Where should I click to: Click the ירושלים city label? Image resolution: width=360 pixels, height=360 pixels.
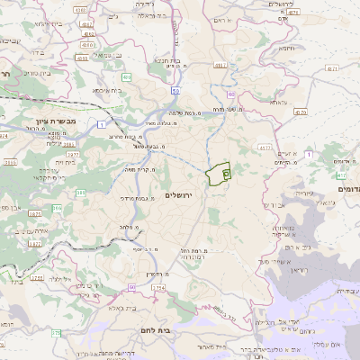tap(186, 195)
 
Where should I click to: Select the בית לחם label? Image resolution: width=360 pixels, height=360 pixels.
tap(157, 331)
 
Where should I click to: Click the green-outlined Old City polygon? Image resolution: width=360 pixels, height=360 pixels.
tap(218, 173)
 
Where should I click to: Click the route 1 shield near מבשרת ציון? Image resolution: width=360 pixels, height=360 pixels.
tap(103, 122)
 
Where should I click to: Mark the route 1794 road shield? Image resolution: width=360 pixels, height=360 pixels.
tap(158, 288)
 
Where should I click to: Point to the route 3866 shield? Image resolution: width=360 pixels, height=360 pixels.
tap(11, 162)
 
